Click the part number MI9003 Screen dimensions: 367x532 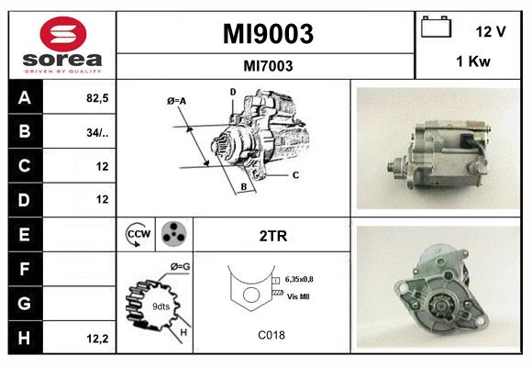click(x=268, y=34)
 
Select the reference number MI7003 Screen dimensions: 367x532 click(x=268, y=65)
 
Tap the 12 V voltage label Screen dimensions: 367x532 click(x=491, y=31)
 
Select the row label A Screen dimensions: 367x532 click(x=24, y=98)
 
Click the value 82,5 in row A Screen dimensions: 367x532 click(x=96, y=98)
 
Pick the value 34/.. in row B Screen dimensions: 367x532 click(x=96, y=132)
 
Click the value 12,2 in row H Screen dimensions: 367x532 click(x=96, y=338)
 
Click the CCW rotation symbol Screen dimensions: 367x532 click(x=139, y=235)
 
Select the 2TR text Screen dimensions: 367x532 click(x=273, y=236)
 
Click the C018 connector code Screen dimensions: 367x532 click(x=272, y=336)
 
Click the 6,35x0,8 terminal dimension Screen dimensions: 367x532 click(x=305, y=278)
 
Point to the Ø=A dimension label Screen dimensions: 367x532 click(x=177, y=100)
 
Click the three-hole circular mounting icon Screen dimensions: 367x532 click(x=173, y=235)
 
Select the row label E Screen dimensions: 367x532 click(x=24, y=234)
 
